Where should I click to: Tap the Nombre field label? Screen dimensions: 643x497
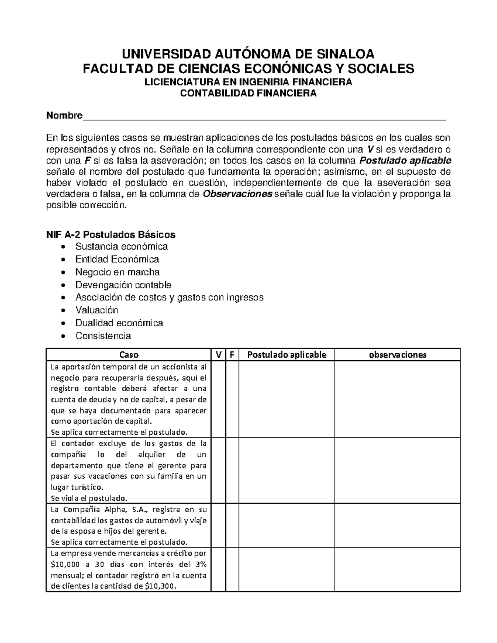[64, 116]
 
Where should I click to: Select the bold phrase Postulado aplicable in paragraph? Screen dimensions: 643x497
[406, 161]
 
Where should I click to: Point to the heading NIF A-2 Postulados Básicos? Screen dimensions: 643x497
[111, 235]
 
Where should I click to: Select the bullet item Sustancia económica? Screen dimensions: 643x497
[121, 247]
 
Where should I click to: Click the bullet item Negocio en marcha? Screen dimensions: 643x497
[117, 272]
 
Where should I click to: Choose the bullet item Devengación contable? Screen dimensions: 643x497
[123, 285]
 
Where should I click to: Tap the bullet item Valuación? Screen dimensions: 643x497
[97, 310]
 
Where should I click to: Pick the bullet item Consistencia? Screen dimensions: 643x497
[103, 336]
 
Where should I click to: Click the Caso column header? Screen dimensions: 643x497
[129, 354]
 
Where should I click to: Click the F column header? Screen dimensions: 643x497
[232, 354]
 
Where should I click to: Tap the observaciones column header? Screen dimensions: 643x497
[398, 354]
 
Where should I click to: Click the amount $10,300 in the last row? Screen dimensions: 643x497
[161, 586]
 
